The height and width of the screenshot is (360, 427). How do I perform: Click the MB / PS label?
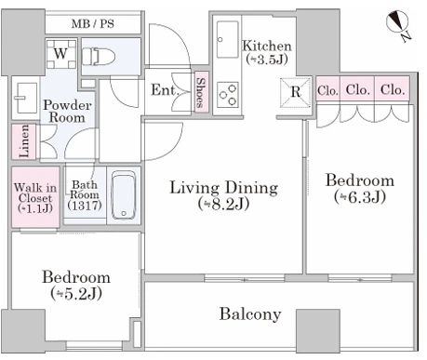(x=93, y=24)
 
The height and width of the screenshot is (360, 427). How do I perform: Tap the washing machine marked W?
(x=61, y=54)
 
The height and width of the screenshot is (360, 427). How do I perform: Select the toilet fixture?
(x=99, y=57)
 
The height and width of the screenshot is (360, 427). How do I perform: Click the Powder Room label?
(x=67, y=112)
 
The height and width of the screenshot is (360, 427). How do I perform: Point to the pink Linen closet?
(x=24, y=141)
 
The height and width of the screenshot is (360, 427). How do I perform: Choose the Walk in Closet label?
(x=35, y=198)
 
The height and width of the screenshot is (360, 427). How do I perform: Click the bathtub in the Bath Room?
(x=124, y=195)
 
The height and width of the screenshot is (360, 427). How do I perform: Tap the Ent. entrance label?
(x=165, y=90)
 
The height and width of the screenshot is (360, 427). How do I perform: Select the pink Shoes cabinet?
(x=202, y=92)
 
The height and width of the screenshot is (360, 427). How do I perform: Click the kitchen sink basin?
(x=228, y=39)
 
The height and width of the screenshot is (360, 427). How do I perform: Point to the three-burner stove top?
(x=228, y=95)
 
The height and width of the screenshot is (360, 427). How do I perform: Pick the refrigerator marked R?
(x=296, y=92)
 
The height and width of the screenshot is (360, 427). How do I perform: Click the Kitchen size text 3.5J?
(x=267, y=59)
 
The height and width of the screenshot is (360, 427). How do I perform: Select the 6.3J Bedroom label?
(x=360, y=189)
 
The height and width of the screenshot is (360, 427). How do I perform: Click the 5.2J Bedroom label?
(x=76, y=286)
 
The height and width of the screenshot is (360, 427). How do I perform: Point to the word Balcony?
(x=250, y=314)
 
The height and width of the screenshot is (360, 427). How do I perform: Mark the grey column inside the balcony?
(x=318, y=331)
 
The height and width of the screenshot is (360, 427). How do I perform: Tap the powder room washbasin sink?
(x=26, y=98)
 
